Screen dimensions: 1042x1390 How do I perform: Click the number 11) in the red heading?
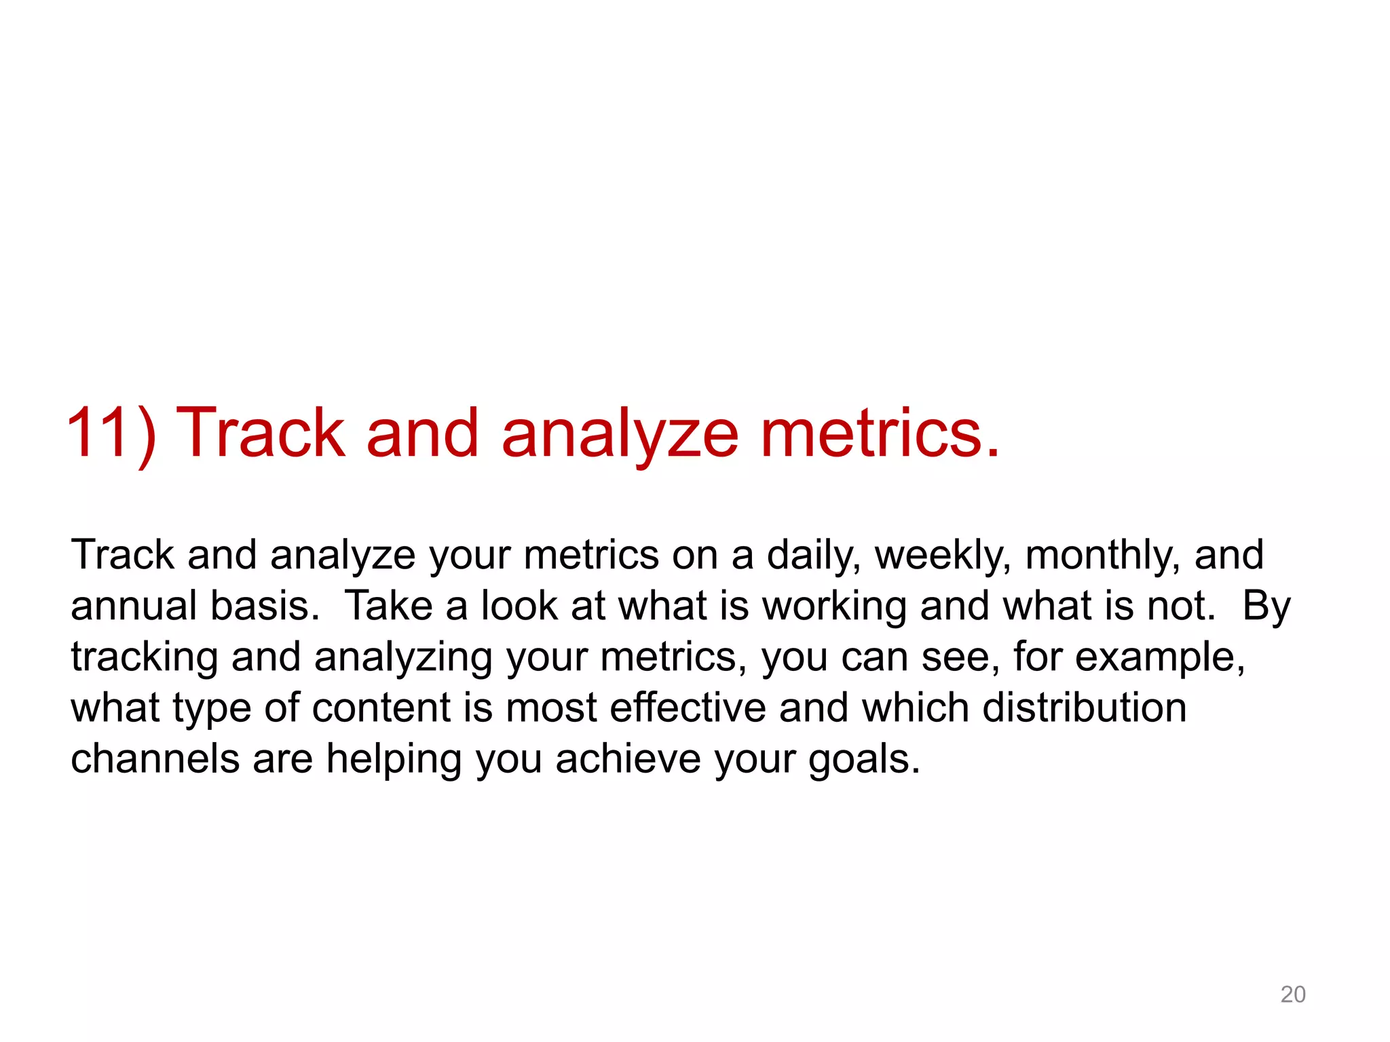(x=111, y=434)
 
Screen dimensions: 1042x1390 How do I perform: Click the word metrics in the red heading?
(x=880, y=434)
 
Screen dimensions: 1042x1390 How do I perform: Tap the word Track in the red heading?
(x=261, y=434)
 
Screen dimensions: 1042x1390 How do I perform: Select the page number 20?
(x=1292, y=995)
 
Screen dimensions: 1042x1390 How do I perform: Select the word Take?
(x=389, y=606)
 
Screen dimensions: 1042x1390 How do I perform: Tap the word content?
(x=381, y=708)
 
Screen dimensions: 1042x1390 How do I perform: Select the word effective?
(x=688, y=708)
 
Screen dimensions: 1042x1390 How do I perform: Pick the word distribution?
(x=1084, y=708)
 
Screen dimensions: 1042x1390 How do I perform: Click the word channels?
(x=155, y=759)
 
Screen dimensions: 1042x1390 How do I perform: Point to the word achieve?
(x=628, y=759)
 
